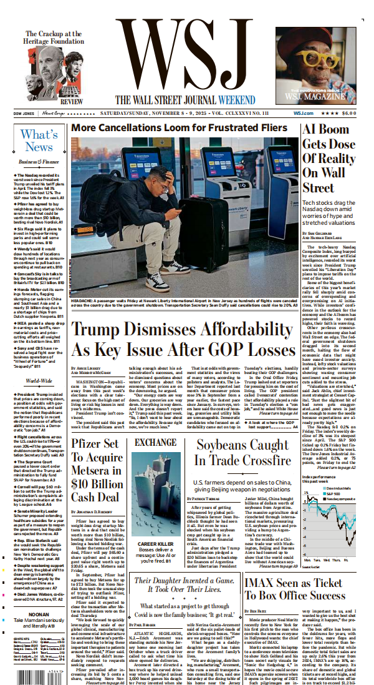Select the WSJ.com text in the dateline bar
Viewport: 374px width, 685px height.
click(x=320, y=113)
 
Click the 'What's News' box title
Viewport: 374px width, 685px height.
click(x=39, y=140)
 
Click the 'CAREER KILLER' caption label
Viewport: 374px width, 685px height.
click(x=155, y=544)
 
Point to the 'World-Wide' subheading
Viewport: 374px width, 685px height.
click(x=39, y=380)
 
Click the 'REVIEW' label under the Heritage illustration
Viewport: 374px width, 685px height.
click(x=72, y=101)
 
